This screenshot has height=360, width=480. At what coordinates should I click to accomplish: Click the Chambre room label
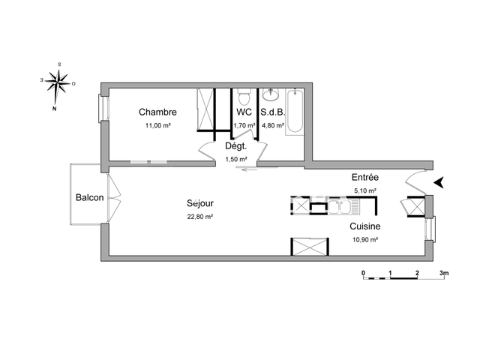(157, 112)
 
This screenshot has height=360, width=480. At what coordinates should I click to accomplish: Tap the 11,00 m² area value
(157, 126)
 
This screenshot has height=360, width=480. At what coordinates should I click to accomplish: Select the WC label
(244, 112)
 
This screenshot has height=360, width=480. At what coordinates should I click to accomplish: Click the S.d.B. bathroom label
(271, 112)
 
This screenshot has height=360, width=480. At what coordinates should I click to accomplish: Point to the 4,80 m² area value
(272, 126)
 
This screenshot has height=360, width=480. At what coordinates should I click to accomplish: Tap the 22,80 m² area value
(200, 217)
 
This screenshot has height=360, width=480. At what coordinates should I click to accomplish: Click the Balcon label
(88, 198)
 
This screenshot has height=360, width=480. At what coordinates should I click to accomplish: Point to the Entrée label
(365, 178)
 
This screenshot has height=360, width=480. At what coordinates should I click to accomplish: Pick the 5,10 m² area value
(365, 191)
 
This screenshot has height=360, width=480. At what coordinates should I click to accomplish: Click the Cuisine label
(365, 226)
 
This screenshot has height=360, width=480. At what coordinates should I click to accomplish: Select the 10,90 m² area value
(365, 239)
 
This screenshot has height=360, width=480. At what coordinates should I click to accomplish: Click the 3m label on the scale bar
(443, 274)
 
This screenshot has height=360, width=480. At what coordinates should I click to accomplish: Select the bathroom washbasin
(270, 95)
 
